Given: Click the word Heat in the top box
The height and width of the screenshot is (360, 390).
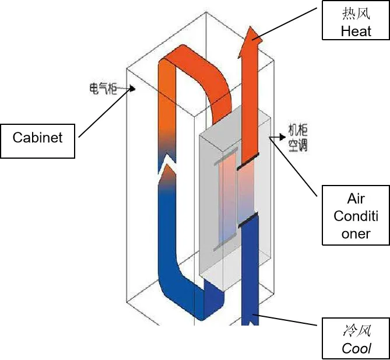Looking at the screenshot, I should click(x=356, y=30).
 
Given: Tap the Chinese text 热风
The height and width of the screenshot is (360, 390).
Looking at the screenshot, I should click(x=356, y=13).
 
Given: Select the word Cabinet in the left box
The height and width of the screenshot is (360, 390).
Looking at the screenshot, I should click(x=37, y=138).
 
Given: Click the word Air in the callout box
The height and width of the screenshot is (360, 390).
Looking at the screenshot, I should click(x=356, y=199).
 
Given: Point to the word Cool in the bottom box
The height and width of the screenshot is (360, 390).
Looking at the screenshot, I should click(x=356, y=348).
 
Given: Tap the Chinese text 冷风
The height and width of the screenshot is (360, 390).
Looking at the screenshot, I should click(x=356, y=331).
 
